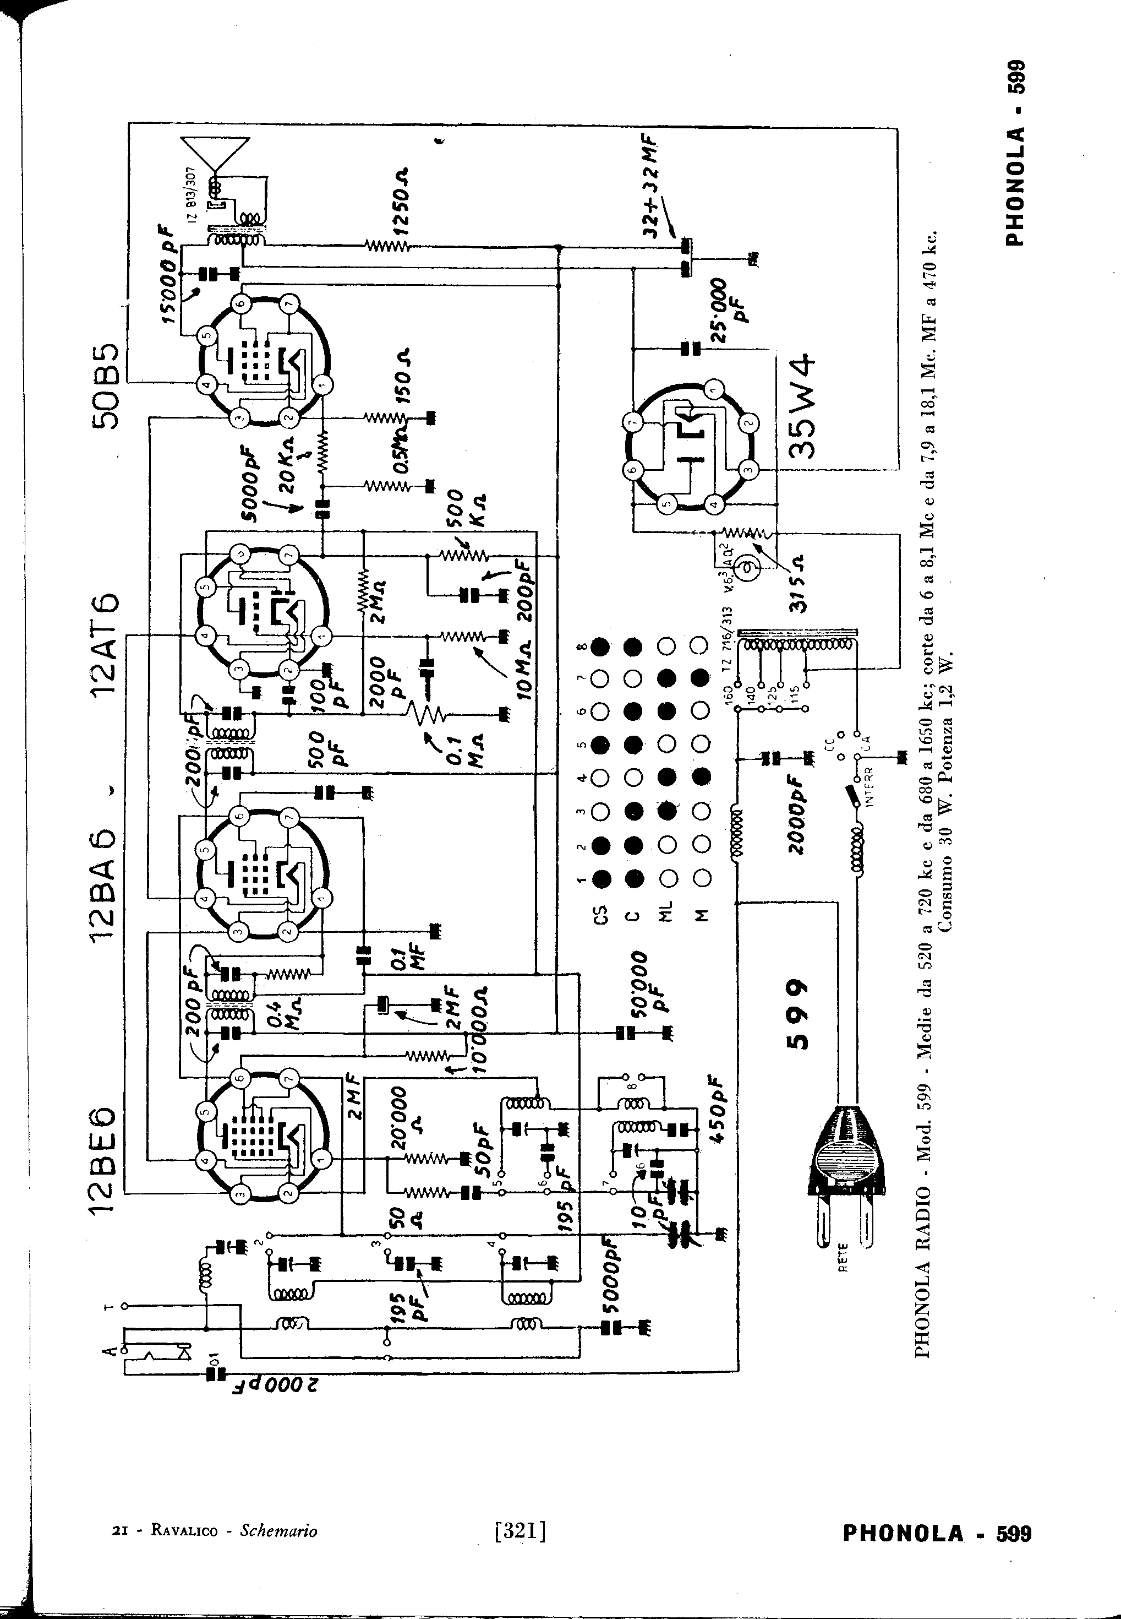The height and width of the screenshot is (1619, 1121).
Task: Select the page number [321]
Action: pyautogui.click(x=521, y=1530)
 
